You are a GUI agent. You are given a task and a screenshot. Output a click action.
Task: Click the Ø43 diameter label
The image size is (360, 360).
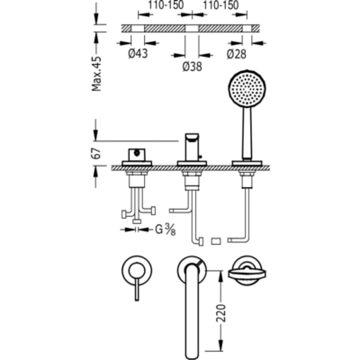pos(138,54)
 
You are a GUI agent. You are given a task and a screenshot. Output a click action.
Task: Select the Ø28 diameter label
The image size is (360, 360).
pos(237,54)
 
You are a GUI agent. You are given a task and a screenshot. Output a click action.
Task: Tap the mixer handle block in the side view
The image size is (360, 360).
pos(136,156)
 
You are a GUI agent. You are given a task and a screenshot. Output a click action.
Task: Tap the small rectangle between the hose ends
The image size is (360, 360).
pos(216,240)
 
